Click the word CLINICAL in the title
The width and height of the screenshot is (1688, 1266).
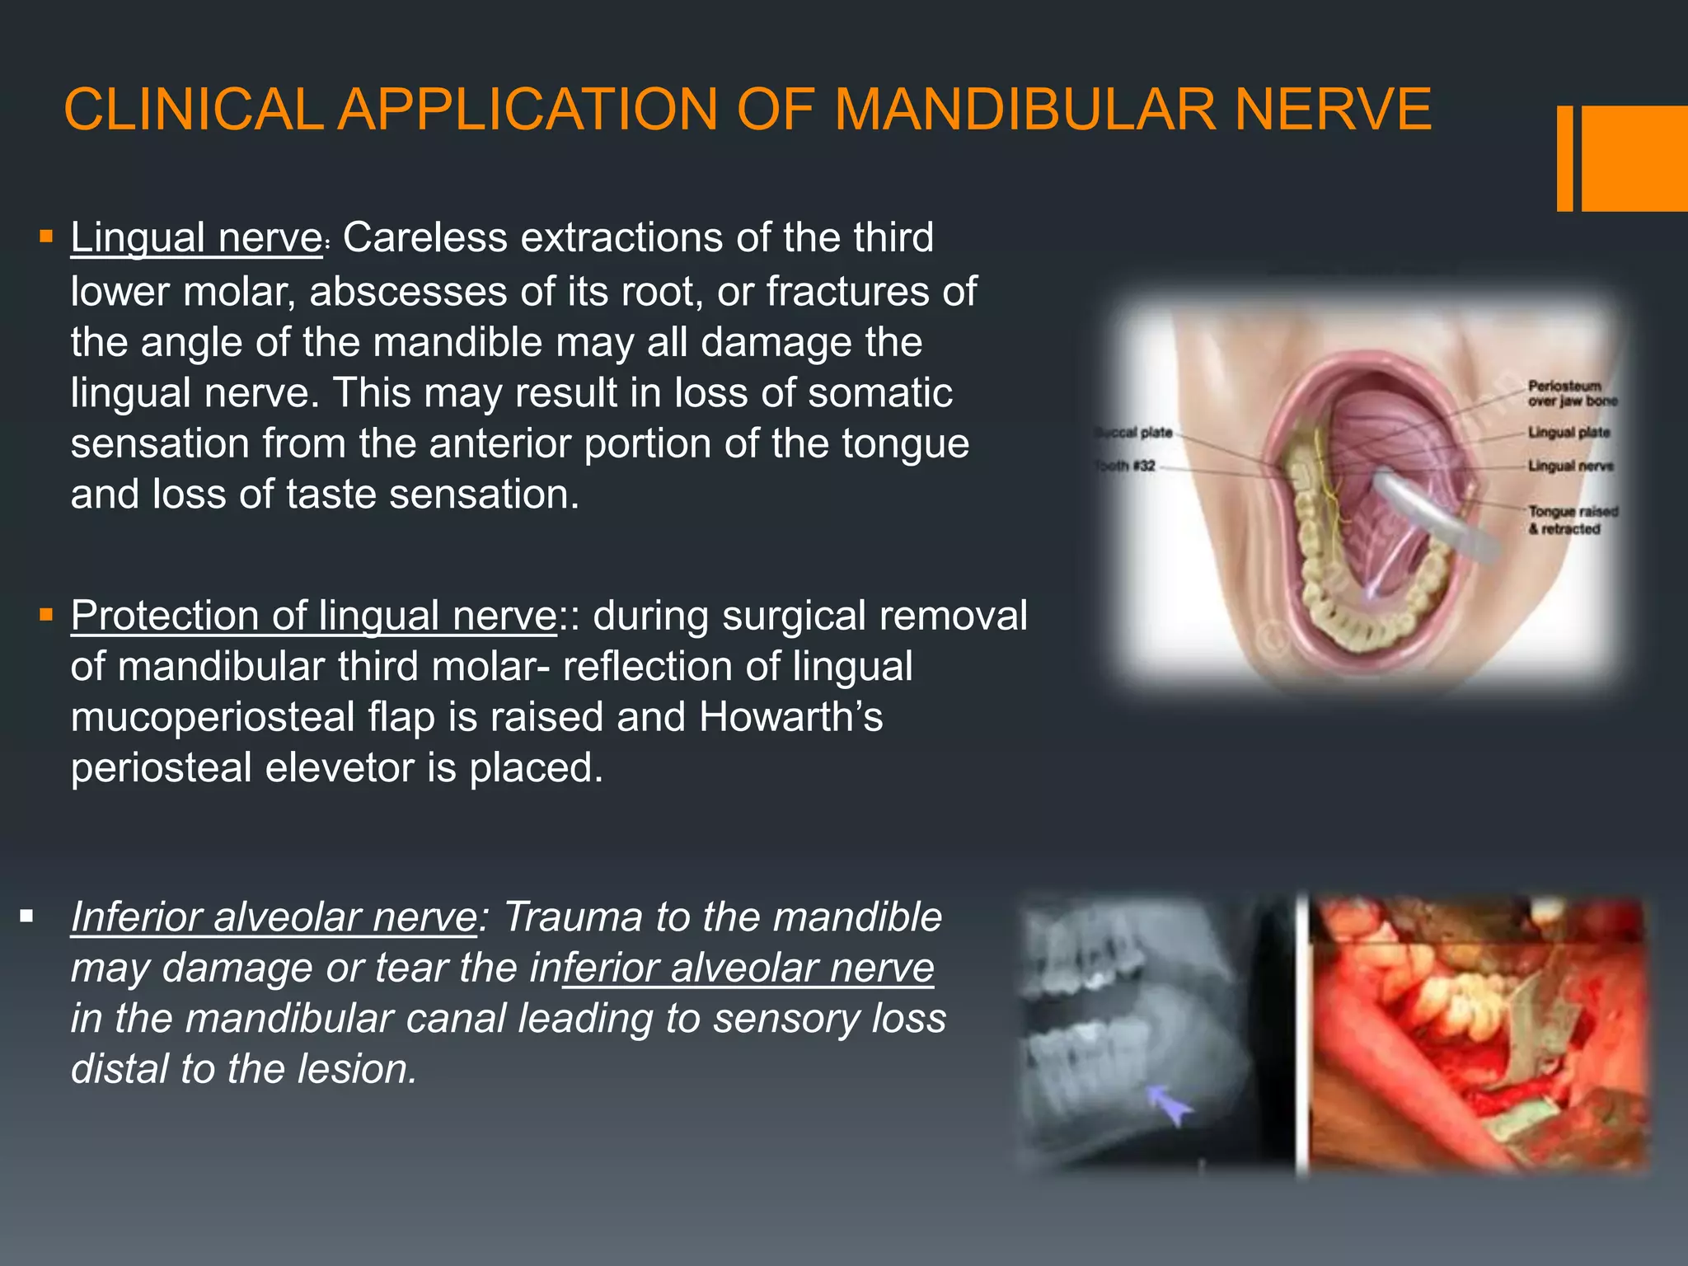[x=193, y=110]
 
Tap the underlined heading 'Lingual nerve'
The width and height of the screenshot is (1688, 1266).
[x=196, y=238]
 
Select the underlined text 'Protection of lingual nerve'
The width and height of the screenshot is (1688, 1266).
[x=314, y=616]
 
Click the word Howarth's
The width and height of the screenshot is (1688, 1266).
[x=790, y=717]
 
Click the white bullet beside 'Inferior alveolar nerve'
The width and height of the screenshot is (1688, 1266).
[x=27, y=916]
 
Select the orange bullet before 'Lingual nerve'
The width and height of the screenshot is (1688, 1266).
[x=46, y=238]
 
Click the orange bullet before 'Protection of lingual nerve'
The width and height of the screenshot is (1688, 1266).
[x=46, y=615]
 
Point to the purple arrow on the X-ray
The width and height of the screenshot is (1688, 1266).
[x=1171, y=1104]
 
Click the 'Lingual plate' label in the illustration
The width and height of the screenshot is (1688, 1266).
[x=1568, y=433]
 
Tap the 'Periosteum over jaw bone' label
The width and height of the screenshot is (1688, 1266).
[x=1572, y=393]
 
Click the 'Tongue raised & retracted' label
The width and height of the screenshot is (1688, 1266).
[x=1573, y=520]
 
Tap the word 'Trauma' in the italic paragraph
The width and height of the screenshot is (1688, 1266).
[x=573, y=917]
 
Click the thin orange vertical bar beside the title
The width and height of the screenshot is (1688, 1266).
[x=1564, y=158]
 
